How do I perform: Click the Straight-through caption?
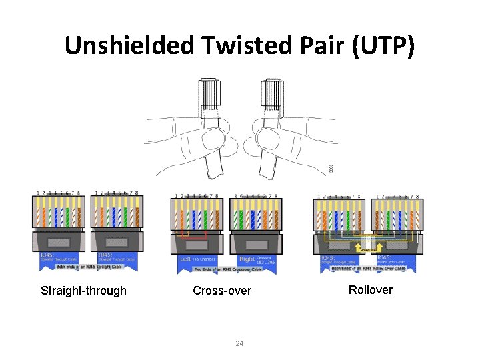pos(83,291)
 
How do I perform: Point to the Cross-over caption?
pos(222,291)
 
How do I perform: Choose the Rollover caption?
pos(370,289)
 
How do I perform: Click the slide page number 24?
pos(240,343)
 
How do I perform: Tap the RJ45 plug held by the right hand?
pos(273,93)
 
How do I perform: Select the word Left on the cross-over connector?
pos(189,259)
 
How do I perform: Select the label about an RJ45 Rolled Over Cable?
pos(369,268)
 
